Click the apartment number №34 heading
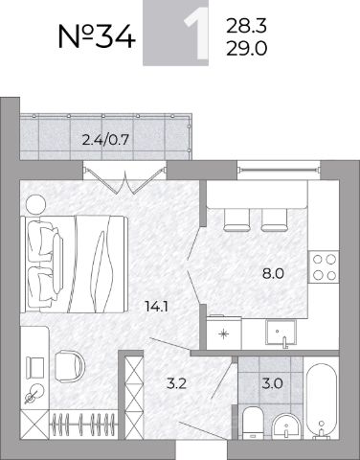97,36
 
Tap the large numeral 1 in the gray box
195,33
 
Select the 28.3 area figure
246,26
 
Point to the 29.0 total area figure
246,49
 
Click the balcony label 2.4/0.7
105,140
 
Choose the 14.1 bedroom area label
156,307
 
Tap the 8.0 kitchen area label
273,274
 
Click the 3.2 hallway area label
176,383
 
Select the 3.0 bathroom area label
272,383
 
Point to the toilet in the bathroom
252,423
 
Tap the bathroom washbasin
286,426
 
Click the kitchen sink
281,333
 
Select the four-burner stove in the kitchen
324,266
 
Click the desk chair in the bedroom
70,367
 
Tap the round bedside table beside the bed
35,204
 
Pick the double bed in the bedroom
74,264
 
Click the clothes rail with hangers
83,424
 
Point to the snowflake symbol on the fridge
224,334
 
